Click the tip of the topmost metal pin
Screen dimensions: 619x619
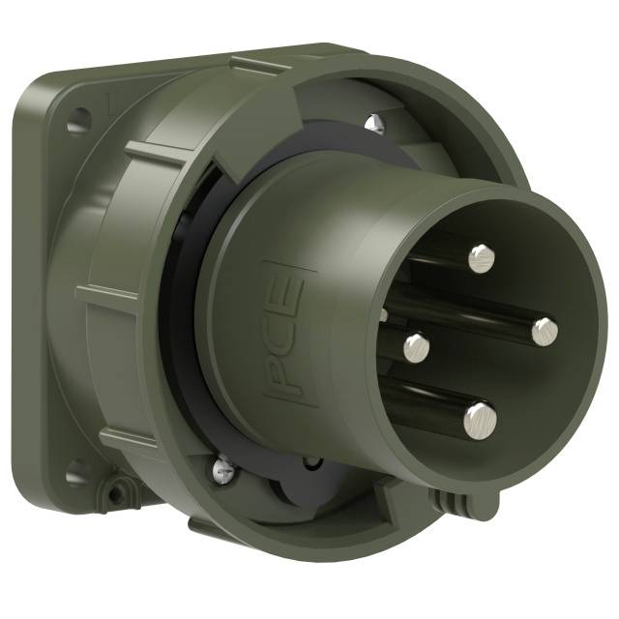pos(481,256)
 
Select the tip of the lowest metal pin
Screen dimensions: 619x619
pos(479,418)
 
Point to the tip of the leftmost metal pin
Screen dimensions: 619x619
pos(417,344)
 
